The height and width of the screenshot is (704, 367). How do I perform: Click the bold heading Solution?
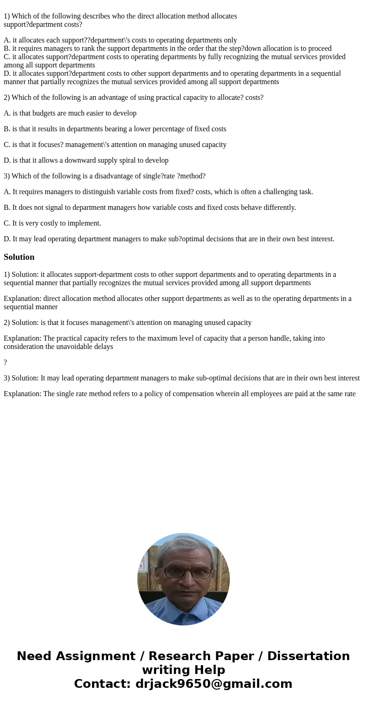click(x=19, y=257)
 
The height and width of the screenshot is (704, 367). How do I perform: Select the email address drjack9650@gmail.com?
click(x=214, y=684)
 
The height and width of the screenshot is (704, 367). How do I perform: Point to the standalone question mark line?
click(x=5, y=362)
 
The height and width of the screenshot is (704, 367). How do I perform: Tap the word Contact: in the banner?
click(x=103, y=684)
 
